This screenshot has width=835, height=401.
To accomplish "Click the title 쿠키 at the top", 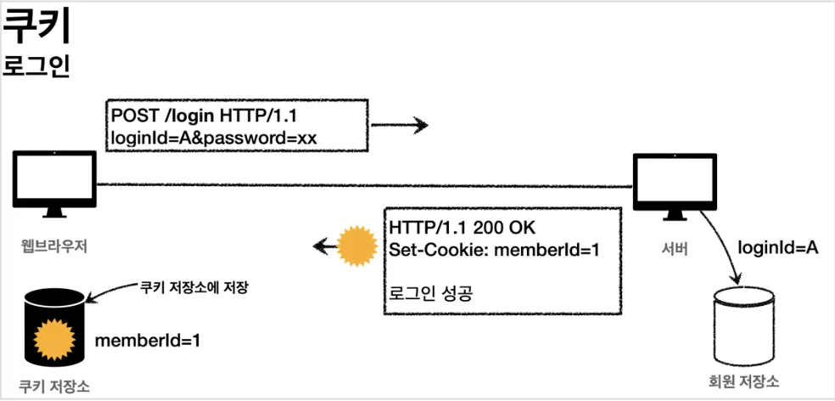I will [x=36, y=28].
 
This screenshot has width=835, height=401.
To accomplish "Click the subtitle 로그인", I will [x=36, y=66].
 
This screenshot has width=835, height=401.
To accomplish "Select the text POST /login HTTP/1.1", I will [x=198, y=116].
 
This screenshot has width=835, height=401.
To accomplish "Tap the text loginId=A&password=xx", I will [x=213, y=137].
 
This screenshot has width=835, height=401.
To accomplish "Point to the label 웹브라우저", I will [x=55, y=247].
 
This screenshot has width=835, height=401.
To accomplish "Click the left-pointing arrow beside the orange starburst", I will [x=322, y=247].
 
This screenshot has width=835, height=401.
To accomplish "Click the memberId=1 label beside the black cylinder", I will [x=147, y=341].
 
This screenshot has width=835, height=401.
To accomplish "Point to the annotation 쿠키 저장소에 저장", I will [x=193, y=287].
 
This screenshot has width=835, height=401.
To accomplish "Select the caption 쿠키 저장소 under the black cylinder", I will [x=54, y=386].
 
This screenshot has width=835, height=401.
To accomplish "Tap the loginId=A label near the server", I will [x=776, y=247].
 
